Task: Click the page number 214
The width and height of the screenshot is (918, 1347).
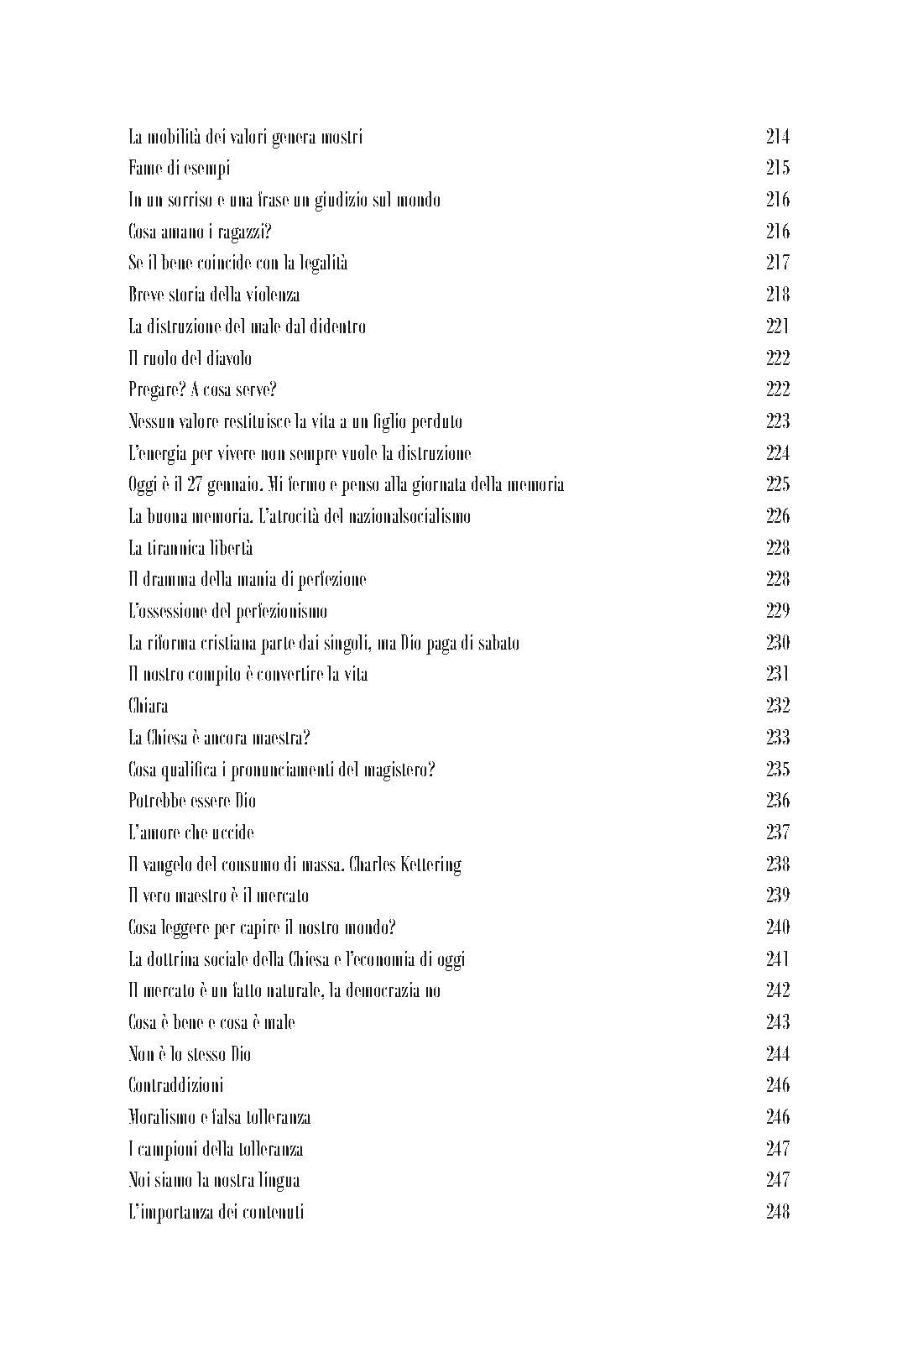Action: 777,137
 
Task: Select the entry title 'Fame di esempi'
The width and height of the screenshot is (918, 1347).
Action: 179,169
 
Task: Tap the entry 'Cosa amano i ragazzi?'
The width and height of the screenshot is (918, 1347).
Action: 200,232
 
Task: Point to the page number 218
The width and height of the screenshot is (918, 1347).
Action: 777,295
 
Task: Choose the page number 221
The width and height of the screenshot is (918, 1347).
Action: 777,326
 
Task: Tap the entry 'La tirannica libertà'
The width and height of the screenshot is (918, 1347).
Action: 190,548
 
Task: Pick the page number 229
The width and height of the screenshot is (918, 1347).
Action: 777,611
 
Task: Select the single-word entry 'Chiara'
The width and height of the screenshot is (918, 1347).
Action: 148,706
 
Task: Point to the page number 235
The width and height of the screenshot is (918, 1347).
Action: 777,770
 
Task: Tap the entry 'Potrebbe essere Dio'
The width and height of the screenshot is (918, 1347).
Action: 192,801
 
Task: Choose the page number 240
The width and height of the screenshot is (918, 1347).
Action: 777,927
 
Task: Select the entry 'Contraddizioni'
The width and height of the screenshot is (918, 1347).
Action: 175,1085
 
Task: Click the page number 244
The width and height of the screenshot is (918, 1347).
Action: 777,1054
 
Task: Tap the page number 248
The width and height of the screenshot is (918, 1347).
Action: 777,1212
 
